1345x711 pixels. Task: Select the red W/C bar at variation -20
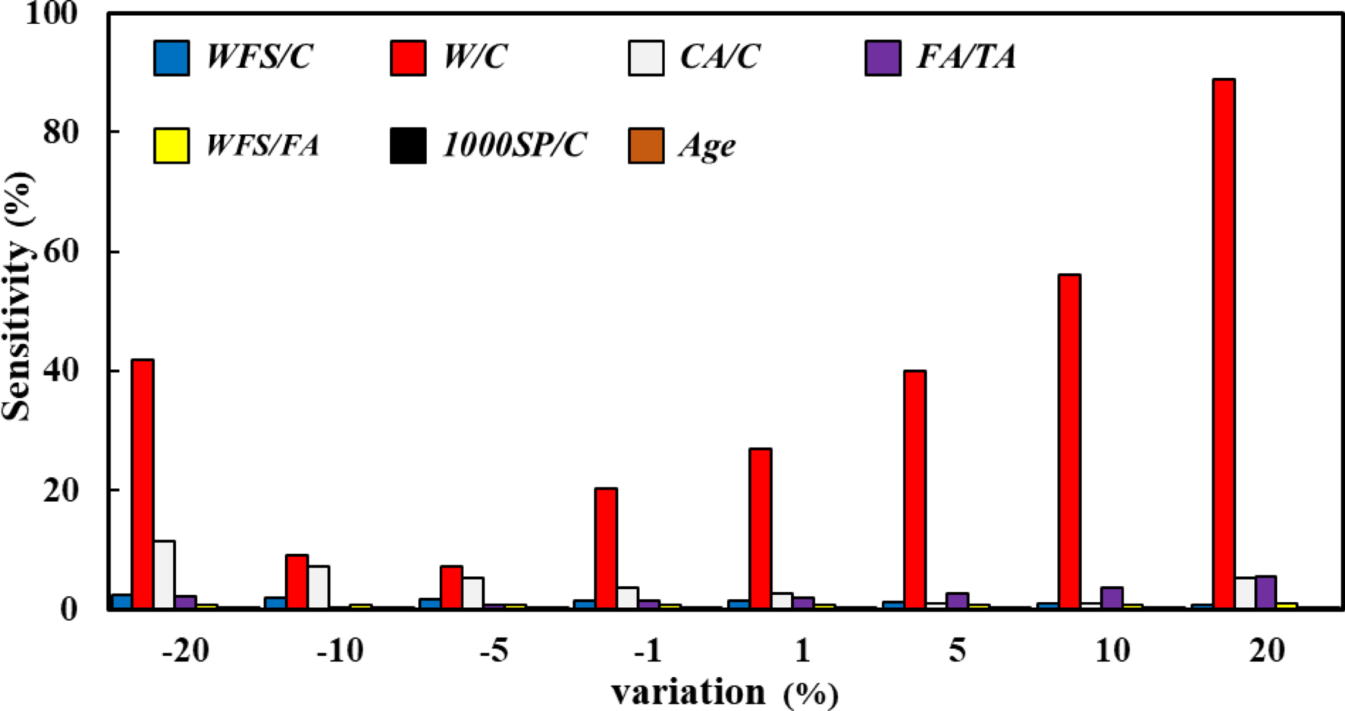142,484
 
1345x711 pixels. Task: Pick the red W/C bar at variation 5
914,490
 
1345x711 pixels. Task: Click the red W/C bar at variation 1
760,529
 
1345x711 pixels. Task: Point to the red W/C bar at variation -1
606,548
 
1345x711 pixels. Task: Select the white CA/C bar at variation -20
164,575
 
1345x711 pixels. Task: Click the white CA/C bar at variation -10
318,587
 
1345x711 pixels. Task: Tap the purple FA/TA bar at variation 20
1266,592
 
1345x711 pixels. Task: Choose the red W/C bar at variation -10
296,581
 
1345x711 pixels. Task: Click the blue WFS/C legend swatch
172,58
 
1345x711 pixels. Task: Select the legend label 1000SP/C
514,146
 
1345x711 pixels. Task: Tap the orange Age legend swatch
645,146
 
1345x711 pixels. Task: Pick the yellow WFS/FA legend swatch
172,146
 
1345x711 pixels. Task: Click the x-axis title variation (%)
725,693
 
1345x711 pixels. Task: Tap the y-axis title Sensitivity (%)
17,296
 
